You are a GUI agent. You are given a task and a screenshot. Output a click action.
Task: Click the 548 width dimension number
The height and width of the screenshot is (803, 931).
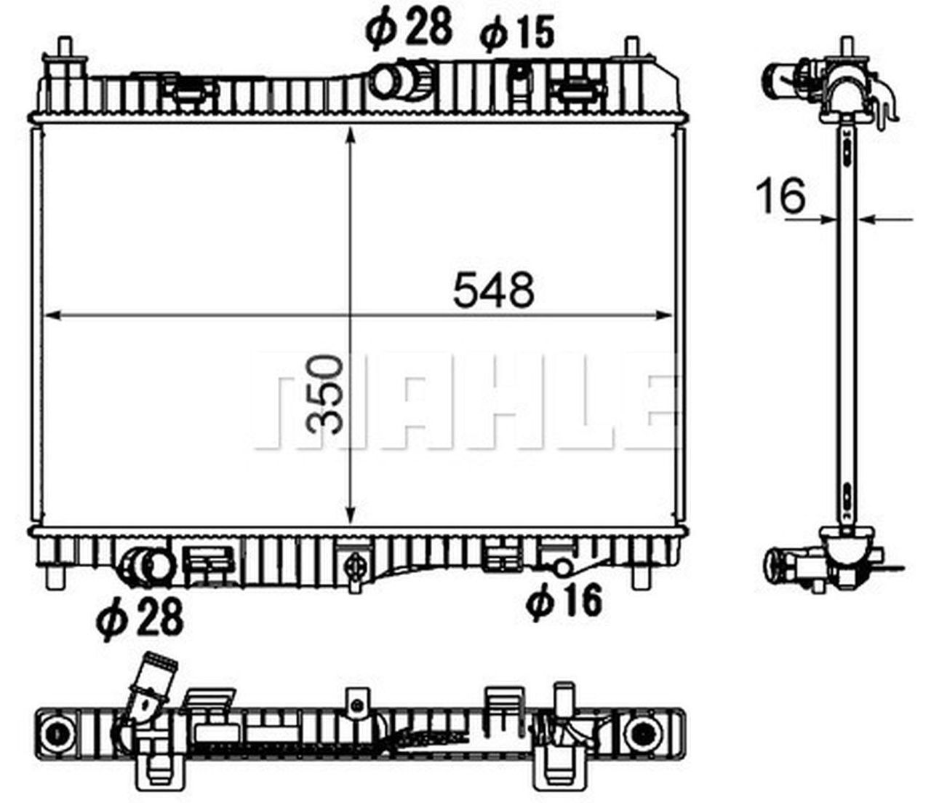click(x=493, y=290)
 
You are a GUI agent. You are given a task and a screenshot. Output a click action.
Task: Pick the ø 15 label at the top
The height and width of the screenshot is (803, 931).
click(x=517, y=33)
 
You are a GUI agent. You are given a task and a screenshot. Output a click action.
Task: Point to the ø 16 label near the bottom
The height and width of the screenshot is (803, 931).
click(x=565, y=601)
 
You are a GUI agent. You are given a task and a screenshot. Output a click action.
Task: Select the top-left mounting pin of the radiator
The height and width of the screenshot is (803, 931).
click(x=65, y=51)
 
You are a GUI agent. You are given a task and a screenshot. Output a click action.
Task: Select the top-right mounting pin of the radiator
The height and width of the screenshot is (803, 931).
click(x=632, y=51)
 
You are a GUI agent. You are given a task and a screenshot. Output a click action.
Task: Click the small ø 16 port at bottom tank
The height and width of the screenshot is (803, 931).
click(x=561, y=566)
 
